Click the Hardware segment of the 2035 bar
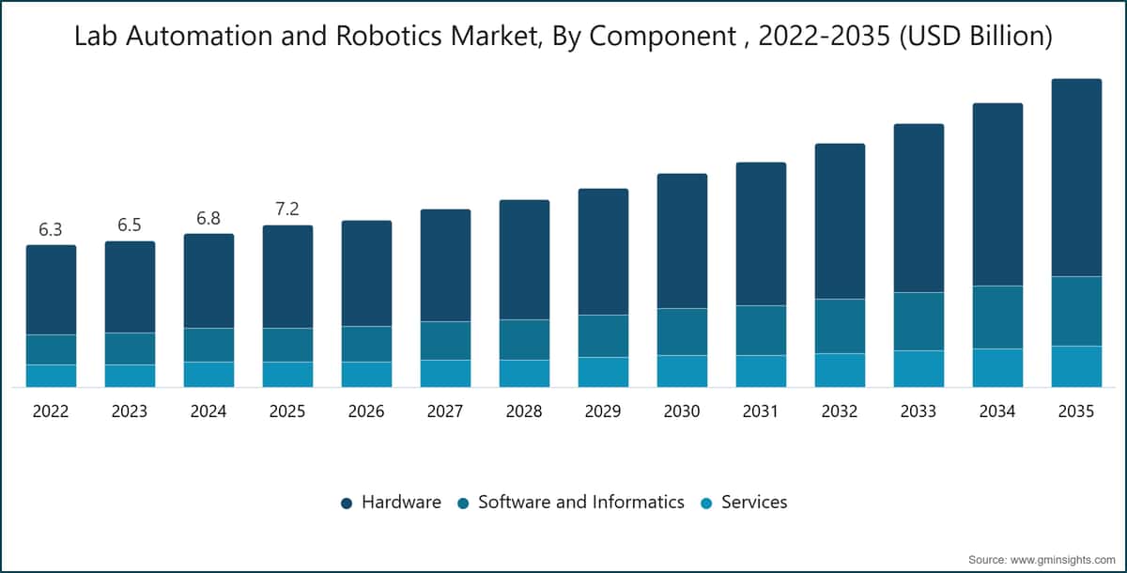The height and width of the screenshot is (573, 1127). pyautogui.click(x=1076, y=178)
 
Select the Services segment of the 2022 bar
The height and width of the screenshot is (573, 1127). pyautogui.click(x=51, y=376)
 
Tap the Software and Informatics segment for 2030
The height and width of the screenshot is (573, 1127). pyautogui.click(x=682, y=332)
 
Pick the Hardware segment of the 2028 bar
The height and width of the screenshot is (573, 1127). pyautogui.click(x=524, y=259)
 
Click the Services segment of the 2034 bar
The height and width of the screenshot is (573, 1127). pyautogui.click(x=997, y=367)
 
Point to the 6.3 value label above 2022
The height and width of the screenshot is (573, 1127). pyautogui.click(x=51, y=230)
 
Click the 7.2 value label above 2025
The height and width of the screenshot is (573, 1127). pyautogui.click(x=287, y=209)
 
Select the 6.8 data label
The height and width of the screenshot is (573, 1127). pyautogui.click(x=208, y=218)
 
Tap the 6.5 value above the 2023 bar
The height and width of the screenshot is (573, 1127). pyautogui.click(x=130, y=225)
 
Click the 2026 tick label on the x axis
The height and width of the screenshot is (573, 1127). pyautogui.click(x=366, y=411)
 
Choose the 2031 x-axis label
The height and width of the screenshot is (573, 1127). pyautogui.click(x=760, y=411)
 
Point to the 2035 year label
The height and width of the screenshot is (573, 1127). pyautogui.click(x=1075, y=411)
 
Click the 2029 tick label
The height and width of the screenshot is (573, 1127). pyautogui.click(x=603, y=411)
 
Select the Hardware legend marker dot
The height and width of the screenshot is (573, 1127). pyautogui.click(x=347, y=503)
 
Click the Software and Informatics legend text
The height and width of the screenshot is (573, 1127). pyautogui.click(x=581, y=502)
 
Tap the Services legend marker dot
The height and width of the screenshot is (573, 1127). pyautogui.click(x=706, y=503)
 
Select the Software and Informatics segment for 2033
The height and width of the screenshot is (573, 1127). pyautogui.click(x=919, y=321)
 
